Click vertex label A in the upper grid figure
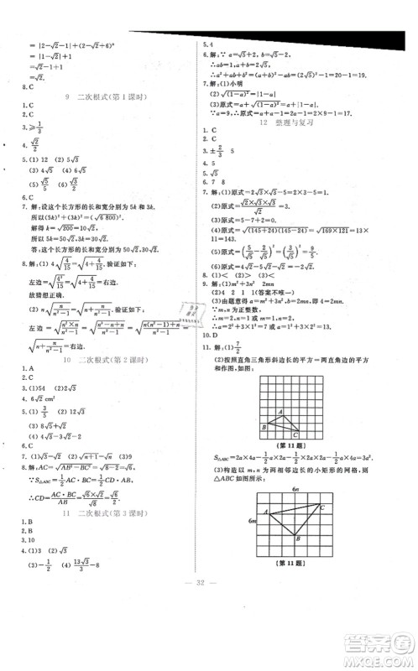pos(265,411)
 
